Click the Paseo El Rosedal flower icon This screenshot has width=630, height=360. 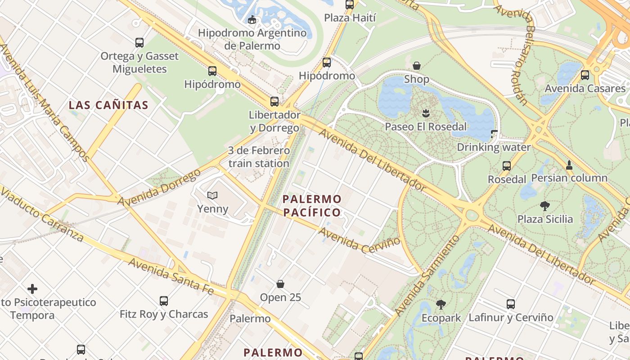[x=426, y=112]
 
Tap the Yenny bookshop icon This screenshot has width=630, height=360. [x=212, y=195]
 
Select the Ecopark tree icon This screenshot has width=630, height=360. [x=441, y=305]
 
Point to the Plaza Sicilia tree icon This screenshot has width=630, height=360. [x=544, y=206]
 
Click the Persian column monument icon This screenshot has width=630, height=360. [x=569, y=165]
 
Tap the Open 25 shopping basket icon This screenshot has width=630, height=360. [x=280, y=284]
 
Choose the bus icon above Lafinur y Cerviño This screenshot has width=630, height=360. [x=511, y=304]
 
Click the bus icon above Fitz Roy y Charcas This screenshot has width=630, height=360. [x=164, y=301]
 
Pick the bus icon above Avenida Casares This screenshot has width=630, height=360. [x=585, y=75]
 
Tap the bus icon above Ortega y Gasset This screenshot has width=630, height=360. [x=139, y=43]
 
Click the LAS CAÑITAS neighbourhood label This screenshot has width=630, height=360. [x=108, y=105]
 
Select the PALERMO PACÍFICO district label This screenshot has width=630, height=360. [x=312, y=205]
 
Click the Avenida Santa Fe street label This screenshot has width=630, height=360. [x=171, y=276]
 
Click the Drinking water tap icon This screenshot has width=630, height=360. [x=494, y=134]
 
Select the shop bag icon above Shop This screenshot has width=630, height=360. [x=417, y=66]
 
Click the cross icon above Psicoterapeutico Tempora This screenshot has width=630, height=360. [x=32, y=288]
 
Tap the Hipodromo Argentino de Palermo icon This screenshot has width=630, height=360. [x=252, y=19]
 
